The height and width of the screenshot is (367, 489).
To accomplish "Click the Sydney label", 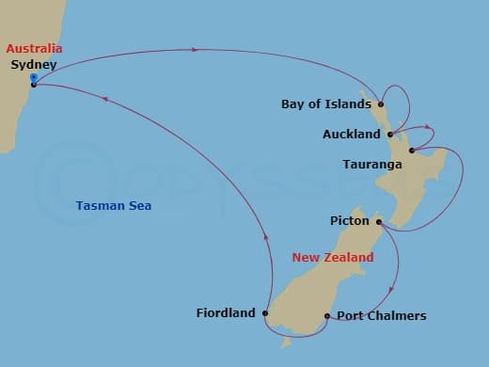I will (33, 65).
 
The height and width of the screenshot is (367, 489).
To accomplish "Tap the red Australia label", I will (33, 48).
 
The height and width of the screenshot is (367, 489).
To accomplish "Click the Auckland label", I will (351, 135).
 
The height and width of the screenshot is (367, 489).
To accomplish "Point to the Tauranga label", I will (373, 165).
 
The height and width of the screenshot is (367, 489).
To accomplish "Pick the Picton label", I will (349, 221).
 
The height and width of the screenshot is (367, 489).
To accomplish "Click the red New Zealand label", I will (332, 257).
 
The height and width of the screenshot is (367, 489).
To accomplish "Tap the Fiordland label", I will (226, 313).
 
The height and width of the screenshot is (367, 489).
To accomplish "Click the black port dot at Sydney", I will (34, 85).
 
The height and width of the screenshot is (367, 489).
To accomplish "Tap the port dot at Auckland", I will (389, 135).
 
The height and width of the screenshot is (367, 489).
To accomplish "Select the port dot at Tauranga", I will (411, 151).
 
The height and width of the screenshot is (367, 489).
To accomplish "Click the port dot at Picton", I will (378, 222).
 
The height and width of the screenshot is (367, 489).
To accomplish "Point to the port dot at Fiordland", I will (266, 313).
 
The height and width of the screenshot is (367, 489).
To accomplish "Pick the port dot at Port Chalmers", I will (326, 316).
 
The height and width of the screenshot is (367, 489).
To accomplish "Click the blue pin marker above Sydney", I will (33, 77).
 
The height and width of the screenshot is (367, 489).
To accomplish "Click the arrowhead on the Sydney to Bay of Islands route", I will (196, 49).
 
